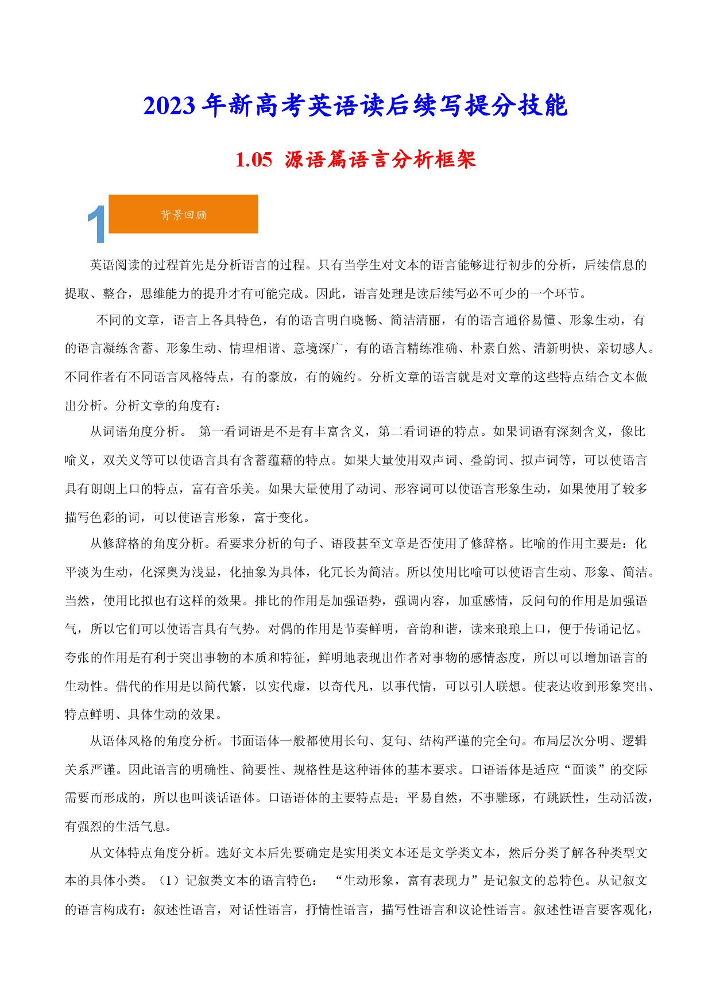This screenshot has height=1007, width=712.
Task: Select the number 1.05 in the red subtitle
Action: pyautogui.click(x=254, y=160)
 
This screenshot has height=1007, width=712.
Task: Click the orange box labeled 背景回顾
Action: pyautogui.click(x=183, y=214)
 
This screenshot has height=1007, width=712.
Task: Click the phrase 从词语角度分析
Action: pyautogui.click(x=134, y=432)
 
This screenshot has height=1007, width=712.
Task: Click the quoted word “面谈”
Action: pyautogui.click(x=584, y=770)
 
